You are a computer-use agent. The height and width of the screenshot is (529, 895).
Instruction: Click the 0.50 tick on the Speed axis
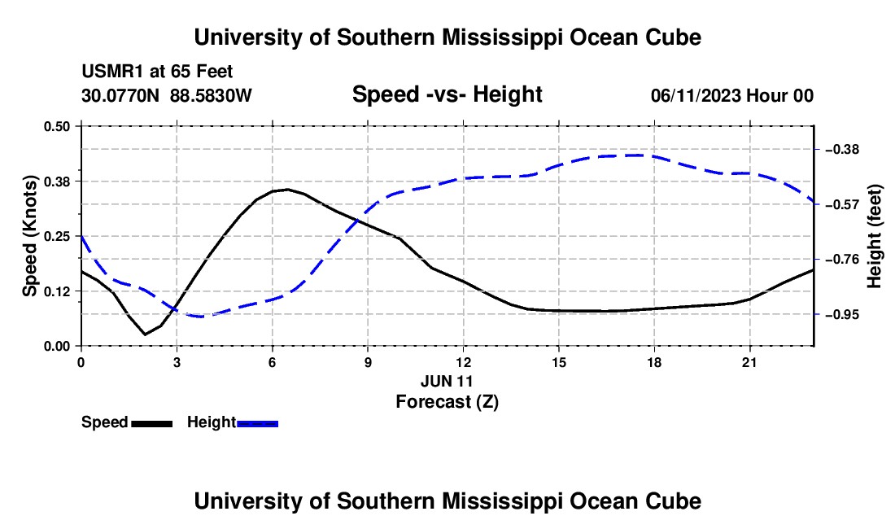pyautogui.click(x=56, y=126)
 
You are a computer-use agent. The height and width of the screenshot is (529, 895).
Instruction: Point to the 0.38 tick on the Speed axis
pyautogui.click(x=56, y=181)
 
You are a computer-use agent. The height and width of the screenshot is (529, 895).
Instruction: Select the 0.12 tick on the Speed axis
pyautogui.click(x=56, y=291)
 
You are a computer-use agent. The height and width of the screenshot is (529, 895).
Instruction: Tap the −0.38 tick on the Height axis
pyautogui.click(x=841, y=150)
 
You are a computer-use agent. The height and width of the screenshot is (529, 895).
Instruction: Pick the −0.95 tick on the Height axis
pyautogui.click(x=841, y=314)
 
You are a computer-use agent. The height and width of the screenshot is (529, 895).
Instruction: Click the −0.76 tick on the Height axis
pyautogui.click(x=841, y=260)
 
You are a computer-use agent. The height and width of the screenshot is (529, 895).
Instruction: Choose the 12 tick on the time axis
pyautogui.click(x=464, y=362)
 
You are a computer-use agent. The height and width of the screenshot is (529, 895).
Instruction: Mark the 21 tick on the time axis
pyautogui.click(x=749, y=362)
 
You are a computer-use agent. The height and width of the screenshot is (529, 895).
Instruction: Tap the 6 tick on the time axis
pyautogui.click(x=273, y=362)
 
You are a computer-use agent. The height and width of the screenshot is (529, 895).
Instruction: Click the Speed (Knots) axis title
pyautogui.click(x=29, y=236)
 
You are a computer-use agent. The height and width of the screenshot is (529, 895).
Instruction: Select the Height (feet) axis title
pyautogui.click(x=875, y=236)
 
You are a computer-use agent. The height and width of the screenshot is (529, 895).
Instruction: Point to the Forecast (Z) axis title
pyautogui.click(x=447, y=402)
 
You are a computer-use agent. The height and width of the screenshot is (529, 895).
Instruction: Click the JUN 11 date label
pyautogui.click(x=447, y=381)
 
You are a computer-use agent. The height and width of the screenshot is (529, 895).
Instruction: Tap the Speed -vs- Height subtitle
pyautogui.click(x=447, y=94)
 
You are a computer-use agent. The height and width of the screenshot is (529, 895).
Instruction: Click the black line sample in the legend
pyautogui.click(x=152, y=423)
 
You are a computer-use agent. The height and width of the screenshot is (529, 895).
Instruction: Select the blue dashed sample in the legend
pyautogui.click(x=257, y=423)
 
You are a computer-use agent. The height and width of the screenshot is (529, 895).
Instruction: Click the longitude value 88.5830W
pyautogui.click(x=211, y=95)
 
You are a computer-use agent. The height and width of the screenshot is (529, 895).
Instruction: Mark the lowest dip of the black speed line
pyautogui.click(x=145, y=334)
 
